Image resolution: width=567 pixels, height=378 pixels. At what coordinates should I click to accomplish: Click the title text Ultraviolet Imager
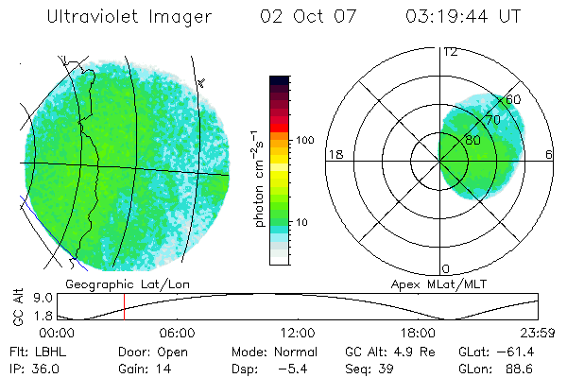click(x=129, y=17)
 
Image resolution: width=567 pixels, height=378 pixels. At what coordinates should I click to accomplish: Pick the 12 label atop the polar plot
click(x=450, y=52)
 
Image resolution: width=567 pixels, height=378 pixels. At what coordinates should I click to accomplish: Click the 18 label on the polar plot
click(x=334, y=154)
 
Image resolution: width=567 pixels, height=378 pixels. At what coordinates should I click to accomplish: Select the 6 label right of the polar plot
click(x=550, y=154)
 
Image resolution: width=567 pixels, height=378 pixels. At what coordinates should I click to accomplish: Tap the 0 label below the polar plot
click(x=446, y=268)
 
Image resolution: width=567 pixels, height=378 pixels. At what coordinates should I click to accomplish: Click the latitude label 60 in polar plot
click(x=513, y=99)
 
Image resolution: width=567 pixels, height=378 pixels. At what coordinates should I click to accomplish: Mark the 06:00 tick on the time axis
click(x=178, y=333)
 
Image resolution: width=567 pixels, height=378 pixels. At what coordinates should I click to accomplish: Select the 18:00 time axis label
click(x=418, y=333)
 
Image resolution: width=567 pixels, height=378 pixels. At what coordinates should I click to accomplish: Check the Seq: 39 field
click(x=369, y=368)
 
